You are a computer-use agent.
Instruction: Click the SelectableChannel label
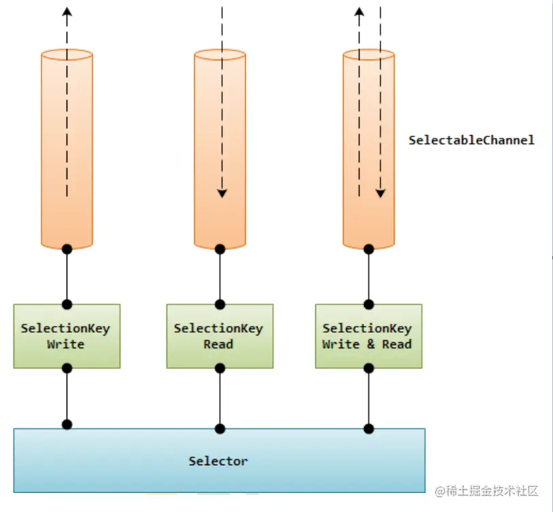coord(471,141)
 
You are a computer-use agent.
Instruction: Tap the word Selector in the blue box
coord(218,461)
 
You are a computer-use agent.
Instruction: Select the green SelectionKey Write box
coord(67,336)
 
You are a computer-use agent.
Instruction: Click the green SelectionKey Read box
coord(219,336)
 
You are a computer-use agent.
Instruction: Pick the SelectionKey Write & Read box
coord(368,336)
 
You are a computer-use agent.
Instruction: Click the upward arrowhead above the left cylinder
coord(67,12)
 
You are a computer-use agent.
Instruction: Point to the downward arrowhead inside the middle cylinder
coord(222,194)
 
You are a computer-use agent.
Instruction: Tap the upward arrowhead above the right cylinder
coord(359,12)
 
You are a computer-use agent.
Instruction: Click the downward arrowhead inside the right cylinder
coord(380,194)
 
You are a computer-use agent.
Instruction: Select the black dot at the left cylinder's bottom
coord(67,249)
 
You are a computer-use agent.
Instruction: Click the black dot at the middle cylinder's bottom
coord(219,249)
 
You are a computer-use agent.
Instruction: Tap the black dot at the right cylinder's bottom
coord(368,249)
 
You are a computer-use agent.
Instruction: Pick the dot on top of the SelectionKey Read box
coord(219,304)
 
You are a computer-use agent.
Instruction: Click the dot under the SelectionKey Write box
coord(67,368)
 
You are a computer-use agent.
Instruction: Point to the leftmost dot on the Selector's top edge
coord(67,424)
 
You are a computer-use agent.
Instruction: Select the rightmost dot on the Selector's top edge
coord(368,428)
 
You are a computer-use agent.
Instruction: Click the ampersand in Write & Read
coord(371,344)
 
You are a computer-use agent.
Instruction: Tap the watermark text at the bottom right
coord(486,491)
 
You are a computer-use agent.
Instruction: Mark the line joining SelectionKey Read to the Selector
coord(219,399)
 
